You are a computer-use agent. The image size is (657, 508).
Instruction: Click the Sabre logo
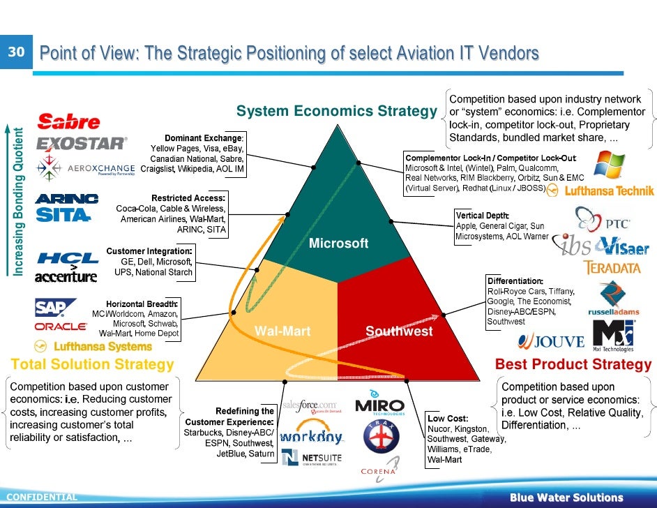coord(69,123)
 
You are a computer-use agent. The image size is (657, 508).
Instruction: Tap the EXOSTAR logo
coord(82,143)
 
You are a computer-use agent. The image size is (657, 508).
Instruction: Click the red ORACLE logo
coord(61,326)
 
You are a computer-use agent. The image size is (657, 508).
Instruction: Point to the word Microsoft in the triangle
coord(338,244)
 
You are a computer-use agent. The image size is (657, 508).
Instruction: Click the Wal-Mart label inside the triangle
coord(282,331)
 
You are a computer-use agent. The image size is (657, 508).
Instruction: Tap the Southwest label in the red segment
coord(399,331)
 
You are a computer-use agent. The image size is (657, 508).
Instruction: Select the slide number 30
coord(16,52)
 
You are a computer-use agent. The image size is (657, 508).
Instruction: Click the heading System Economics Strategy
coord(336,111)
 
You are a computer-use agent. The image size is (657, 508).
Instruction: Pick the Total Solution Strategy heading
coord(93,364)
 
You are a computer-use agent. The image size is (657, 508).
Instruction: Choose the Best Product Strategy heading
coord(573,364)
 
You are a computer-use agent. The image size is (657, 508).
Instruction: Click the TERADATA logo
coord(611,268)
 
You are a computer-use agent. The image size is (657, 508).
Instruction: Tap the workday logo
coord(311,438)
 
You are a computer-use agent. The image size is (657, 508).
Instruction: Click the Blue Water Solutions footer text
coord(566,498)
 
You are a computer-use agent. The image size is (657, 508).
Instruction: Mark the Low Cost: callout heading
coord(447,418)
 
